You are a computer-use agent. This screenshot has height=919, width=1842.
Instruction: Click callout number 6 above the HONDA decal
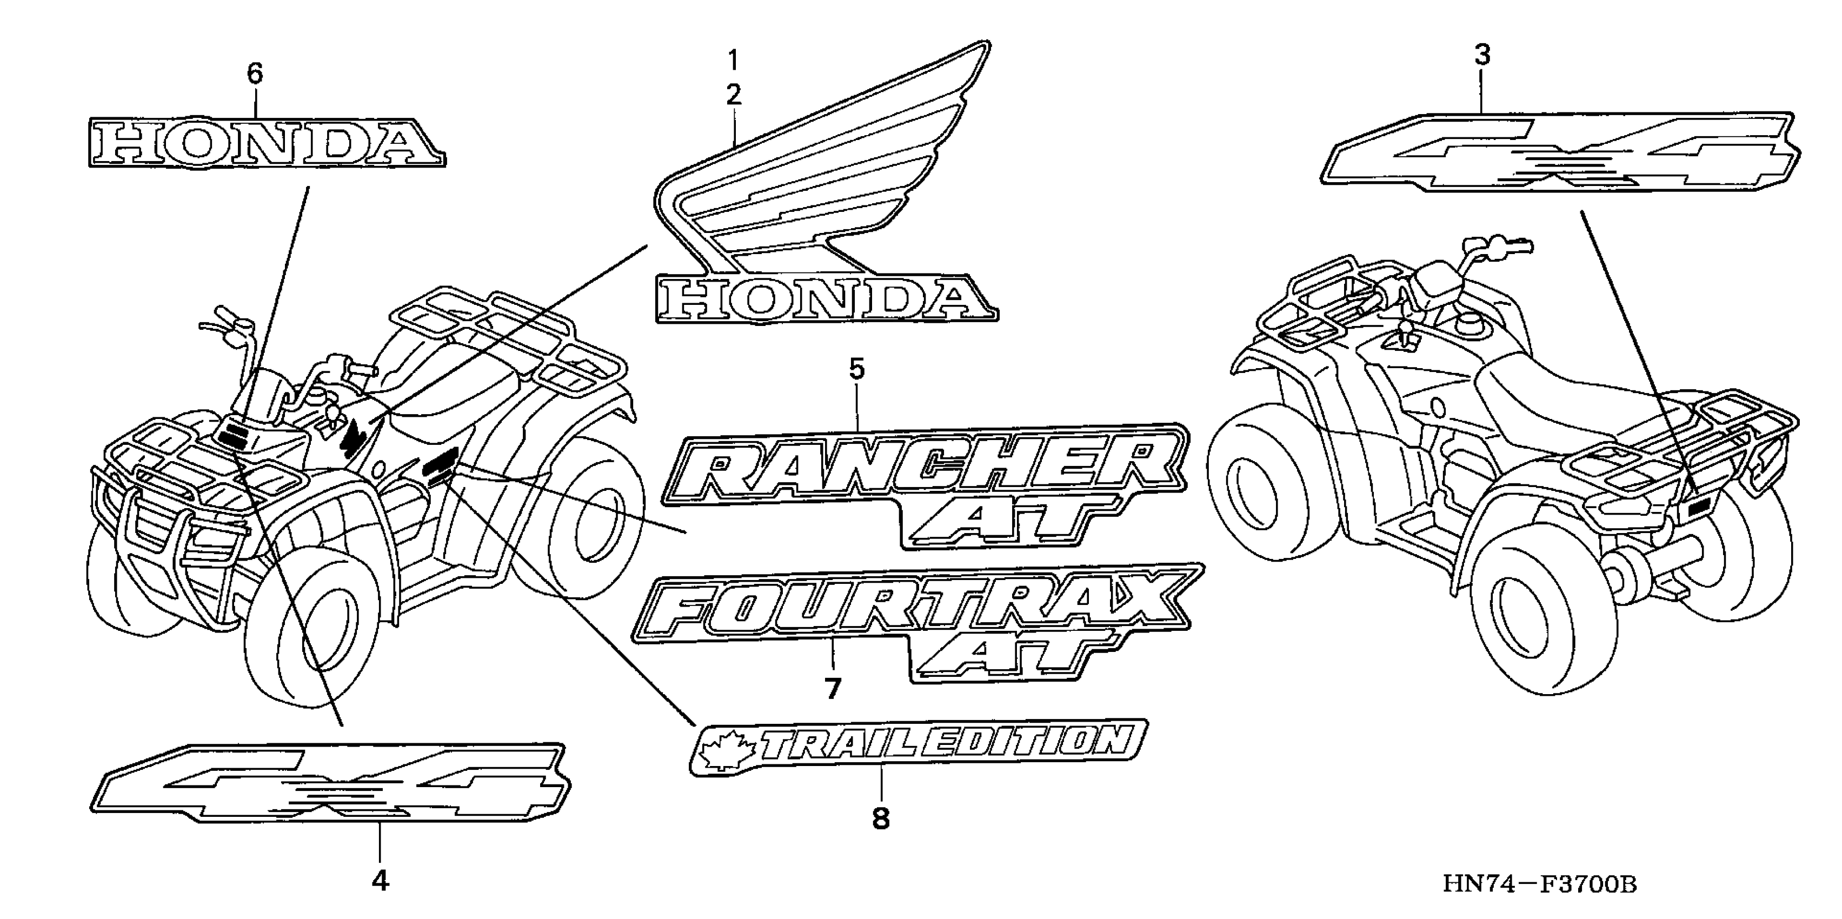pos(255,73)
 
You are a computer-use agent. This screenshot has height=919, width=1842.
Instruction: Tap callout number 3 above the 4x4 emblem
pos(1482,55)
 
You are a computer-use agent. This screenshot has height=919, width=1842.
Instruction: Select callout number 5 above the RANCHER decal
pos(856,369)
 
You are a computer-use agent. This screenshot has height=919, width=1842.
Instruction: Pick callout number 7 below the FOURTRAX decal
pos(832,688)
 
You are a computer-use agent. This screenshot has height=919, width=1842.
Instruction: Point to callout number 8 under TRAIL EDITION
pos(881,817)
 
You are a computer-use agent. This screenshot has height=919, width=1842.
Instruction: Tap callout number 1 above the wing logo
pos(733,60)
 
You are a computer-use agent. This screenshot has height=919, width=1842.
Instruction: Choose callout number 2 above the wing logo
pos(734,95)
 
